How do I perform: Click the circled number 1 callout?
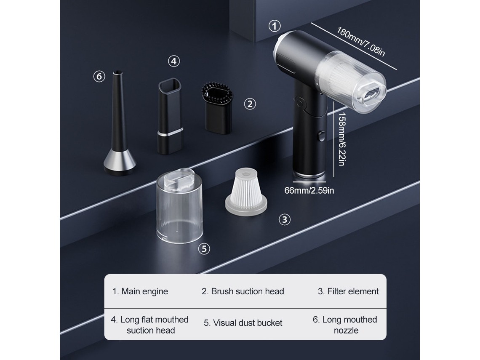(x=274, y=26)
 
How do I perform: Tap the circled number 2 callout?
(x=250, y=104)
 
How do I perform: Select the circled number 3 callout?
(x=284, y=219)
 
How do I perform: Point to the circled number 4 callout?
(x=174, y=61)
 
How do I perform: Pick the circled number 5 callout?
(x=204, y=248)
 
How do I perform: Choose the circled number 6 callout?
(x=99, y=76)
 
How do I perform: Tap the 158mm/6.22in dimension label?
(x=342, y=139)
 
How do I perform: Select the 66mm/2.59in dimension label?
(x=309, y=190)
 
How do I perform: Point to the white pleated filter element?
(x=246, y=193)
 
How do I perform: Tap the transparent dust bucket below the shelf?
(x=180, y=206)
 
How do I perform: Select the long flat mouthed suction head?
(x=171, y=116)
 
